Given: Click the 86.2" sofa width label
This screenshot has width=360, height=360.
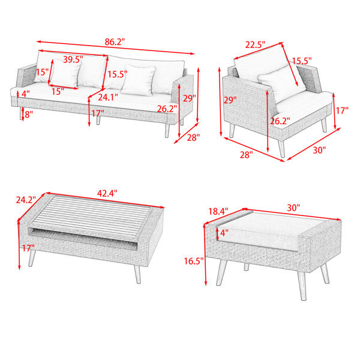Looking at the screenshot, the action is point(115,42).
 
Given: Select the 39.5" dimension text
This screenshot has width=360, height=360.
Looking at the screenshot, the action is point(73,59).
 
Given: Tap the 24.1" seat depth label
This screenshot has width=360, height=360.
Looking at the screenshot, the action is point(108,97).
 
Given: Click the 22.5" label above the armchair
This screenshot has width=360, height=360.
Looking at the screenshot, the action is point(255,44).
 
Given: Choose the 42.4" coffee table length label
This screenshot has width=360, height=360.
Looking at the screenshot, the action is point(107,193).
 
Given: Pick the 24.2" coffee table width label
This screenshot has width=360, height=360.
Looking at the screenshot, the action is point(26,200).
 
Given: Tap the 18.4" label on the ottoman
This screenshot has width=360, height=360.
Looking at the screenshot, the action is point(218,211).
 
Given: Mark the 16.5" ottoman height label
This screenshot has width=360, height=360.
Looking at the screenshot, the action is point(194,261).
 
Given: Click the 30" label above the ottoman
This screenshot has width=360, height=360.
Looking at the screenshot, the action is point(293,208).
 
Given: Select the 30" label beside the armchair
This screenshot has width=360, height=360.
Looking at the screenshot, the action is point(319,151).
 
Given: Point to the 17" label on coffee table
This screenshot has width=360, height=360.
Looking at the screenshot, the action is point(28,248).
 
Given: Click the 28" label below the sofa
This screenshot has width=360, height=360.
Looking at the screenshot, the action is point(193,137).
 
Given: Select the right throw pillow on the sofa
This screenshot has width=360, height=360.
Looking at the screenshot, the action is point(138,80).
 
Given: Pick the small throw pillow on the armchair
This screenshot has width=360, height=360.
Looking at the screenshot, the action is point(281,84).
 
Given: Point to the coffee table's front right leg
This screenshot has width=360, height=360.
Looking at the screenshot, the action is point(137,274).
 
